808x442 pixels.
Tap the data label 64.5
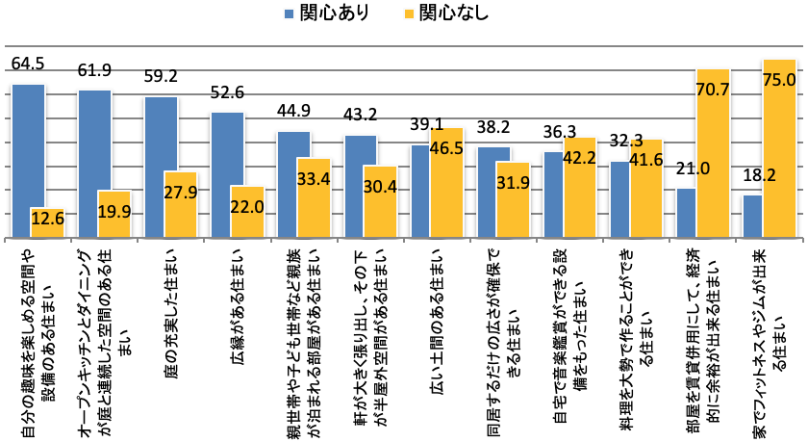(x=28, y=65)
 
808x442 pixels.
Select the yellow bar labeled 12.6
(x=47, y=222)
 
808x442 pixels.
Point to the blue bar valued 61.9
(x=94, y=164)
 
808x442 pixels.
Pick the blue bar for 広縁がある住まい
(x=227, y=174)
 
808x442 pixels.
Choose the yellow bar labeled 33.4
(x=314, y=197)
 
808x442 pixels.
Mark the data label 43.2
(x=360, y=115)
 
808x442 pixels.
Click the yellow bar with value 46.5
(x=446, y=183)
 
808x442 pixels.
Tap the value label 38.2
(x=492, y=126)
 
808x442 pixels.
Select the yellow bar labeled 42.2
(x=579, y=188)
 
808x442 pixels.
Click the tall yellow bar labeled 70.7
(x=712, y=154)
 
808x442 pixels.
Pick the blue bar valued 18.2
(x=753, y=216)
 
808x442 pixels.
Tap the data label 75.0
(x=779, y=81)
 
